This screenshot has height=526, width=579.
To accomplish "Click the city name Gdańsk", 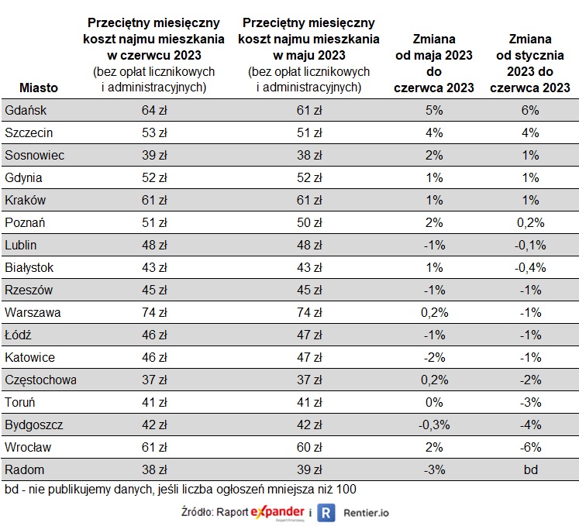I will [22, 110].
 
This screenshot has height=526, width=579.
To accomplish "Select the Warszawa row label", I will [33, 312].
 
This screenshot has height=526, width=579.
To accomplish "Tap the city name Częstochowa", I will [40, 380].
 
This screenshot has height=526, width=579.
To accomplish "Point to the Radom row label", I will [25, 469].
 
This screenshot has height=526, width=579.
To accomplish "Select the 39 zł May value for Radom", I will [308, 469].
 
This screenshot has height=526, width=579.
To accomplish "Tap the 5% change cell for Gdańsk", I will [434, 110].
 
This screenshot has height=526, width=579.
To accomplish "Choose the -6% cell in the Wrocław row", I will [530, 447].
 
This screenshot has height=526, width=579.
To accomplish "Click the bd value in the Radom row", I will [530, 469].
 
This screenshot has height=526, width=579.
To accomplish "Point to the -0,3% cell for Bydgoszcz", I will [434, 425].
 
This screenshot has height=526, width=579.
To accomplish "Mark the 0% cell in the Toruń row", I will [434, 402].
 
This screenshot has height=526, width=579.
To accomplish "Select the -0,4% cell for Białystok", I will [530, 267].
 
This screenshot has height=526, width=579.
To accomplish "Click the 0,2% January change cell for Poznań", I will [530, 222].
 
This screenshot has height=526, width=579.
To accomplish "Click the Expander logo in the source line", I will [277, 513].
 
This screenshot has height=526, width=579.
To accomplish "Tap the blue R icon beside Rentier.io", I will [326, 513].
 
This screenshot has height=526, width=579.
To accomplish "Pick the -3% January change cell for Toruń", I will [530, 402].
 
